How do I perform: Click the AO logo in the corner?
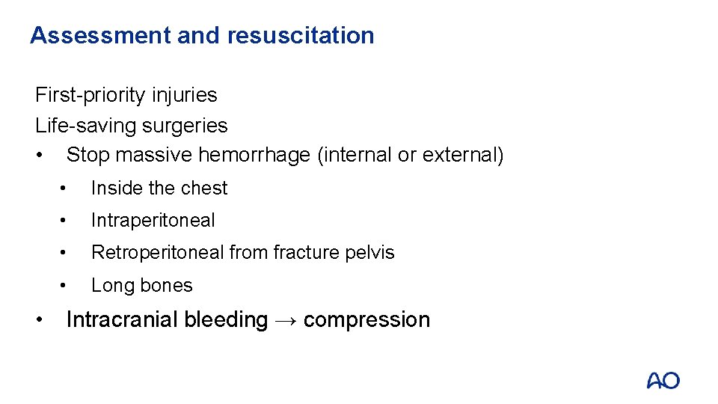[663, 381]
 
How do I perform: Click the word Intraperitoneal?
[153, 221]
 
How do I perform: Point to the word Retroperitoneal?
[158, 253]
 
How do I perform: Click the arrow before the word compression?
[286, 320]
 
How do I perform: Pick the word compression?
[366, 320]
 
